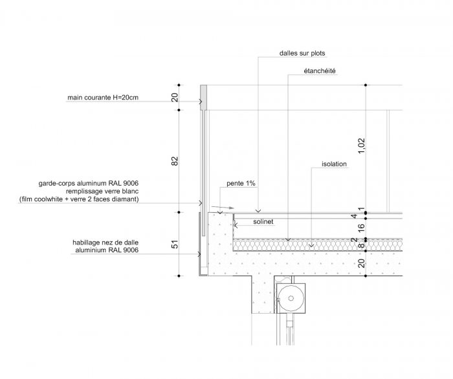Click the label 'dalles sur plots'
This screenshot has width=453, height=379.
302,53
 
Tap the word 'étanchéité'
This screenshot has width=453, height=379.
320,70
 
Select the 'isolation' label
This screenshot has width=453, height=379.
335,164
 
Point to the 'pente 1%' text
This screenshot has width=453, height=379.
241,183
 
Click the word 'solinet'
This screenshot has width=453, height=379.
263,222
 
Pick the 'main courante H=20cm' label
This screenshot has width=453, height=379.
103,98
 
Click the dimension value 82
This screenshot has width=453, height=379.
175,161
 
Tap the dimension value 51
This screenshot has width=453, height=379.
175,244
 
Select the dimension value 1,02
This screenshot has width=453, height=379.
361,146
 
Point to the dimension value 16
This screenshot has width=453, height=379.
361,228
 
